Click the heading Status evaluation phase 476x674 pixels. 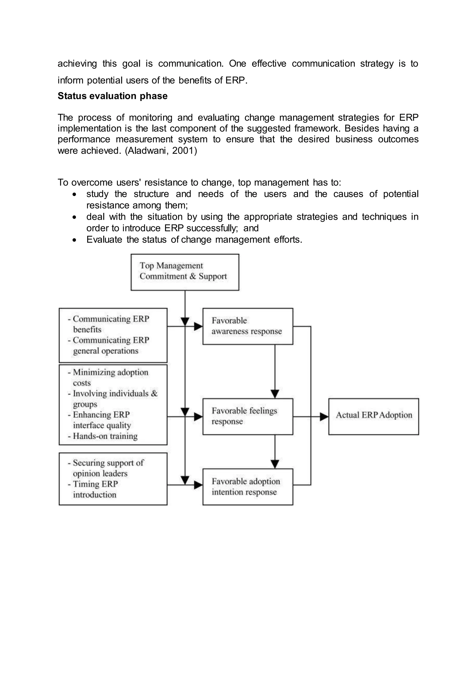click(x=112, y=96)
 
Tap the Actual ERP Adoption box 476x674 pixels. click(x=374, y=416)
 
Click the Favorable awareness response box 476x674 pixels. click(x=248, y=326)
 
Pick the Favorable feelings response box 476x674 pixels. click(x=248, y=416)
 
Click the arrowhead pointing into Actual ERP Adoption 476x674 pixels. click(x=324, y=417)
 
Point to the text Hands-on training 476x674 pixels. click(x=105, y=436)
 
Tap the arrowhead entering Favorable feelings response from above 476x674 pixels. click(x=275, y=394)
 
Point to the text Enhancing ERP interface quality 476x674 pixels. click(x=101, y=420)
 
